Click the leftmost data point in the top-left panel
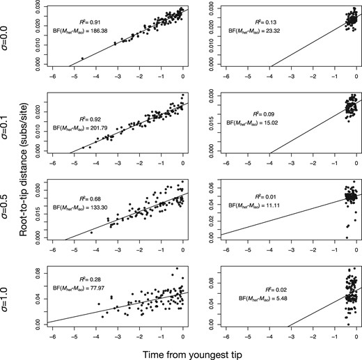[83, 58]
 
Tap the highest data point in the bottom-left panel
[175, 269]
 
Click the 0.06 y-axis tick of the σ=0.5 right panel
[223, 185]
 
